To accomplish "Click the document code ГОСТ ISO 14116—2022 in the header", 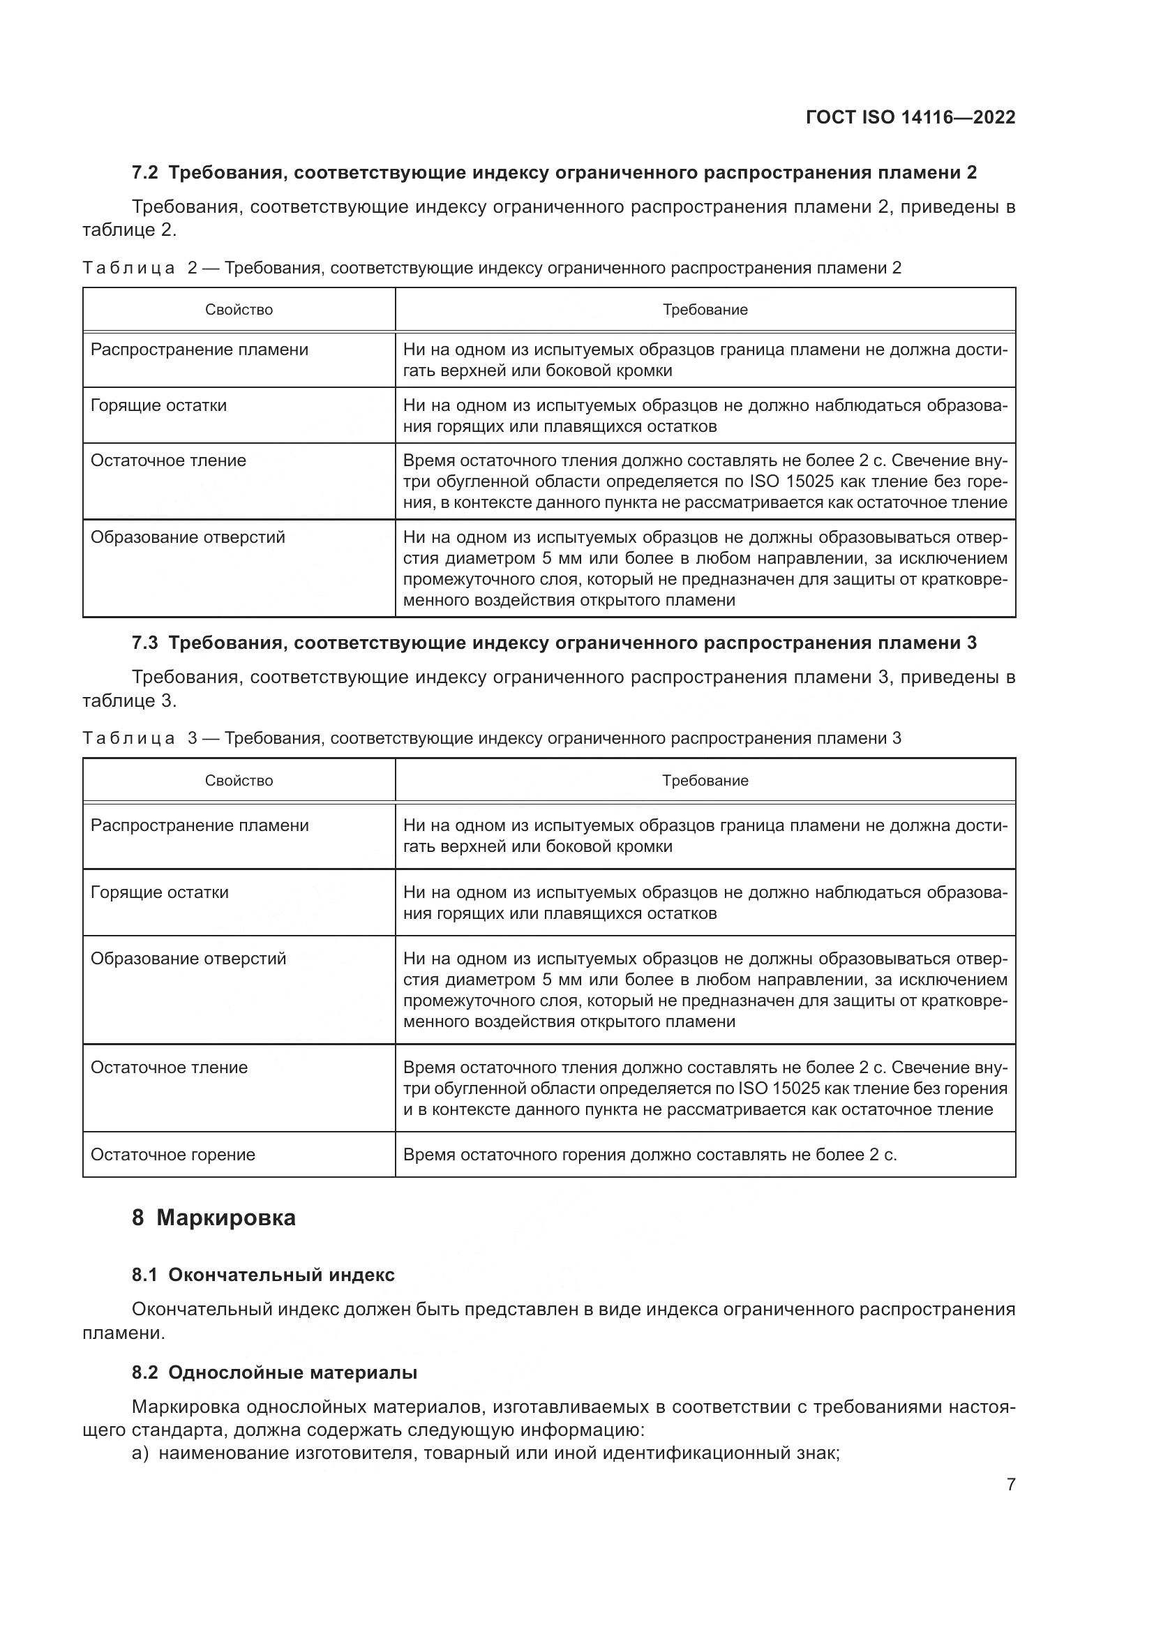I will point(911,117).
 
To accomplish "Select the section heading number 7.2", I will point(145,173).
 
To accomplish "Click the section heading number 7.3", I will point(145,643).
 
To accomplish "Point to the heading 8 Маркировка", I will point(213,1218).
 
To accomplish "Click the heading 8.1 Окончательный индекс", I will point(263,1275).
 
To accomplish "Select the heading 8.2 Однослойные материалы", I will point(274,1373).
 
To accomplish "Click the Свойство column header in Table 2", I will point(239,310).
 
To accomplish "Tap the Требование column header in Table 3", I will point(705,781).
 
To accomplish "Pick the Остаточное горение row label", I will point(172,1155).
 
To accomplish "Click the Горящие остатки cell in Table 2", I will point(158,406).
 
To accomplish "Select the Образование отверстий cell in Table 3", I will point(188,959).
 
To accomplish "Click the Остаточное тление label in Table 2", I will point(168,461).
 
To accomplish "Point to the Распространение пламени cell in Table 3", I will point(200,826).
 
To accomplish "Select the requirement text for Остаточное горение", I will point(650,1155).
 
